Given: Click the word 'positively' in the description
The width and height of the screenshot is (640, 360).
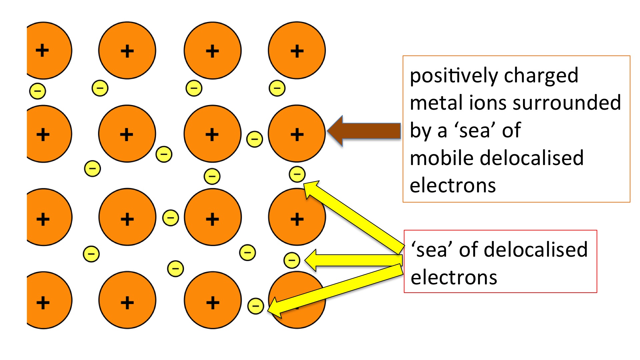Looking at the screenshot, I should [454, 76].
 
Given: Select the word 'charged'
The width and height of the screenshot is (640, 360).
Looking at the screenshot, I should [541, 76].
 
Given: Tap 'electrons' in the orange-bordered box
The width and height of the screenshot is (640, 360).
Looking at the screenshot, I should [453, 186].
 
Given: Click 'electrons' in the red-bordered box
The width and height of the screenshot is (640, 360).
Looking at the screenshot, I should [454, 278].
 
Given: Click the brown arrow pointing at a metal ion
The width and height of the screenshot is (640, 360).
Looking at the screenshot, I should [365, 131].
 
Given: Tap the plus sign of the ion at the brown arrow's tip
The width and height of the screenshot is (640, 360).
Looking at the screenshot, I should [297, 135].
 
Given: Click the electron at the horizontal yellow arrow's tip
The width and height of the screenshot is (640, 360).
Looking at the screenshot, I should [292, 260].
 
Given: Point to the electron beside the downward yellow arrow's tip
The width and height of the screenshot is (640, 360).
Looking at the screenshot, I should [256, 306].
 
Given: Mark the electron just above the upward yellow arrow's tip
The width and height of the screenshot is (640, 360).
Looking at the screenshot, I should [297, 174].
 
